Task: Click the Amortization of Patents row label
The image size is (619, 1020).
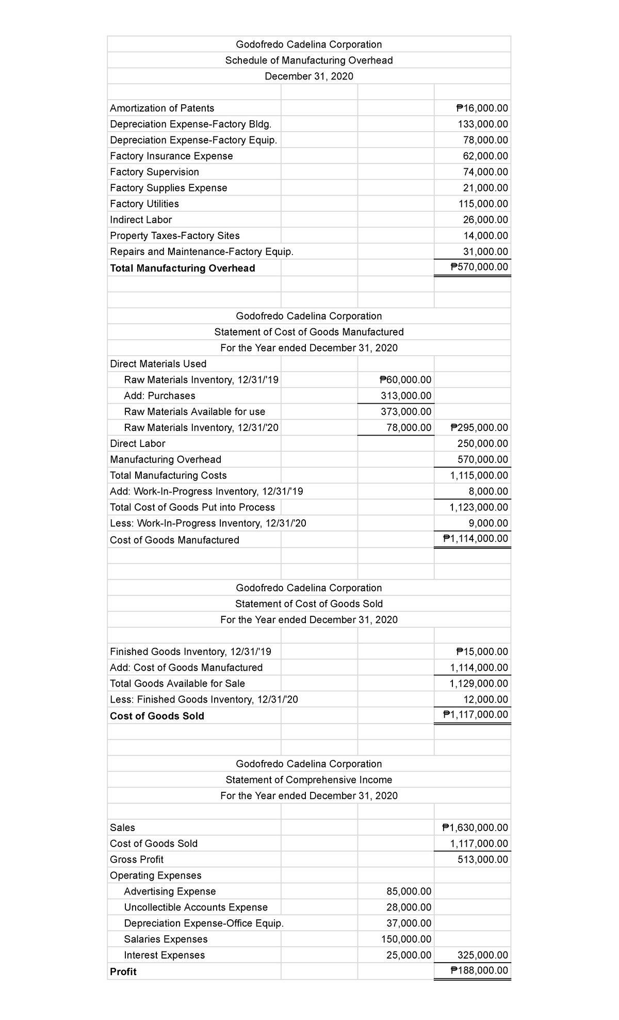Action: [162, 108]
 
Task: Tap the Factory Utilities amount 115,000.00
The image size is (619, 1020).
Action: [483, 204]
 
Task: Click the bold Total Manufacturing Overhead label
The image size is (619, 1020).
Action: [182, 268]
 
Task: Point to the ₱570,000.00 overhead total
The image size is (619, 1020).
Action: [479, 267]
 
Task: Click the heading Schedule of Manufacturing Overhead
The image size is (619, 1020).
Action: [309, 60]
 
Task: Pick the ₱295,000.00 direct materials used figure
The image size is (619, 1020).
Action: [479, 427]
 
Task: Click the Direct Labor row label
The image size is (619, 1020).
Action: [138, 443]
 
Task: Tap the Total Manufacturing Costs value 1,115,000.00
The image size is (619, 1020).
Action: [479, 475]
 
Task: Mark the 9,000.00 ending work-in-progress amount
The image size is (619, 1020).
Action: [488, 523]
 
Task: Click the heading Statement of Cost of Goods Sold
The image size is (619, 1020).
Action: [309, 604]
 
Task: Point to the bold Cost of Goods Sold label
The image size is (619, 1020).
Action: [157, 716]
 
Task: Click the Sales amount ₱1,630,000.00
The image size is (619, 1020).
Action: [475, 827]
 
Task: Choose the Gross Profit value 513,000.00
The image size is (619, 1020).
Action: [483, 859]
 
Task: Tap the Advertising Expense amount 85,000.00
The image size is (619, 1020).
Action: [409, 891]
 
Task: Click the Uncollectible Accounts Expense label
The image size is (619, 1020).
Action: [196, 907]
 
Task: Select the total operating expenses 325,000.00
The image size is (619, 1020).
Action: [483, 955]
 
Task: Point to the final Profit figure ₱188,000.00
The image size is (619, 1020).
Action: [479, 970]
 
